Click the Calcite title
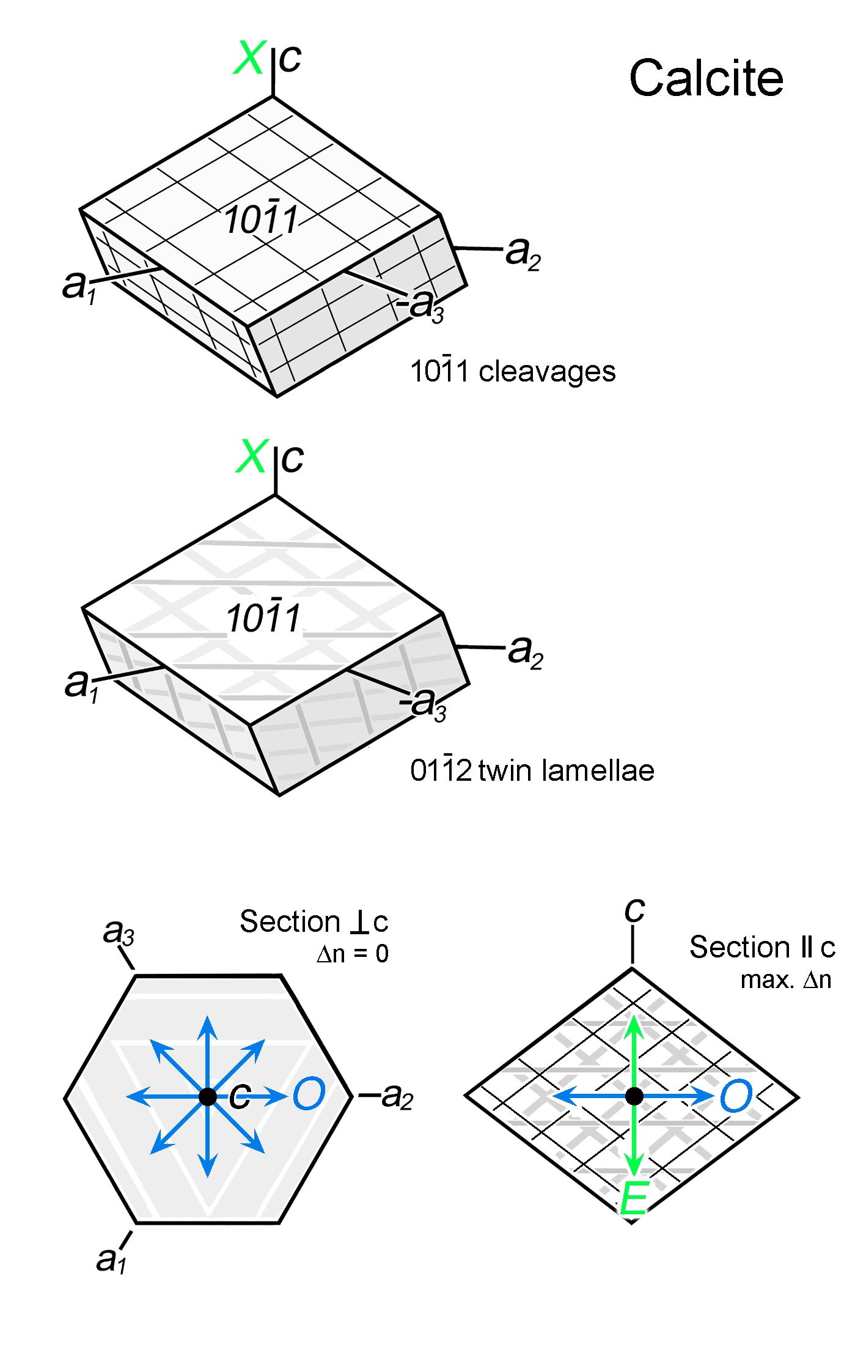[706, 78]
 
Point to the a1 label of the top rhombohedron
[79, 286]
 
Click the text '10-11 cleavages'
[512, 372]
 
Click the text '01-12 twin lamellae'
[532, 770]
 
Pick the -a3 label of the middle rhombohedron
[424, 704]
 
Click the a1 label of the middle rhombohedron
[81, 685]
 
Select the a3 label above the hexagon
[118, 933]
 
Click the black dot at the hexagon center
[208, 1096]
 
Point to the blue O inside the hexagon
[309, 1094]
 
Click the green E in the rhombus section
[633, 1200]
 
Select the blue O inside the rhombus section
[736, 1096]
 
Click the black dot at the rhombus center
[634, 1096]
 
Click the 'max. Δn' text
[785, 980]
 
